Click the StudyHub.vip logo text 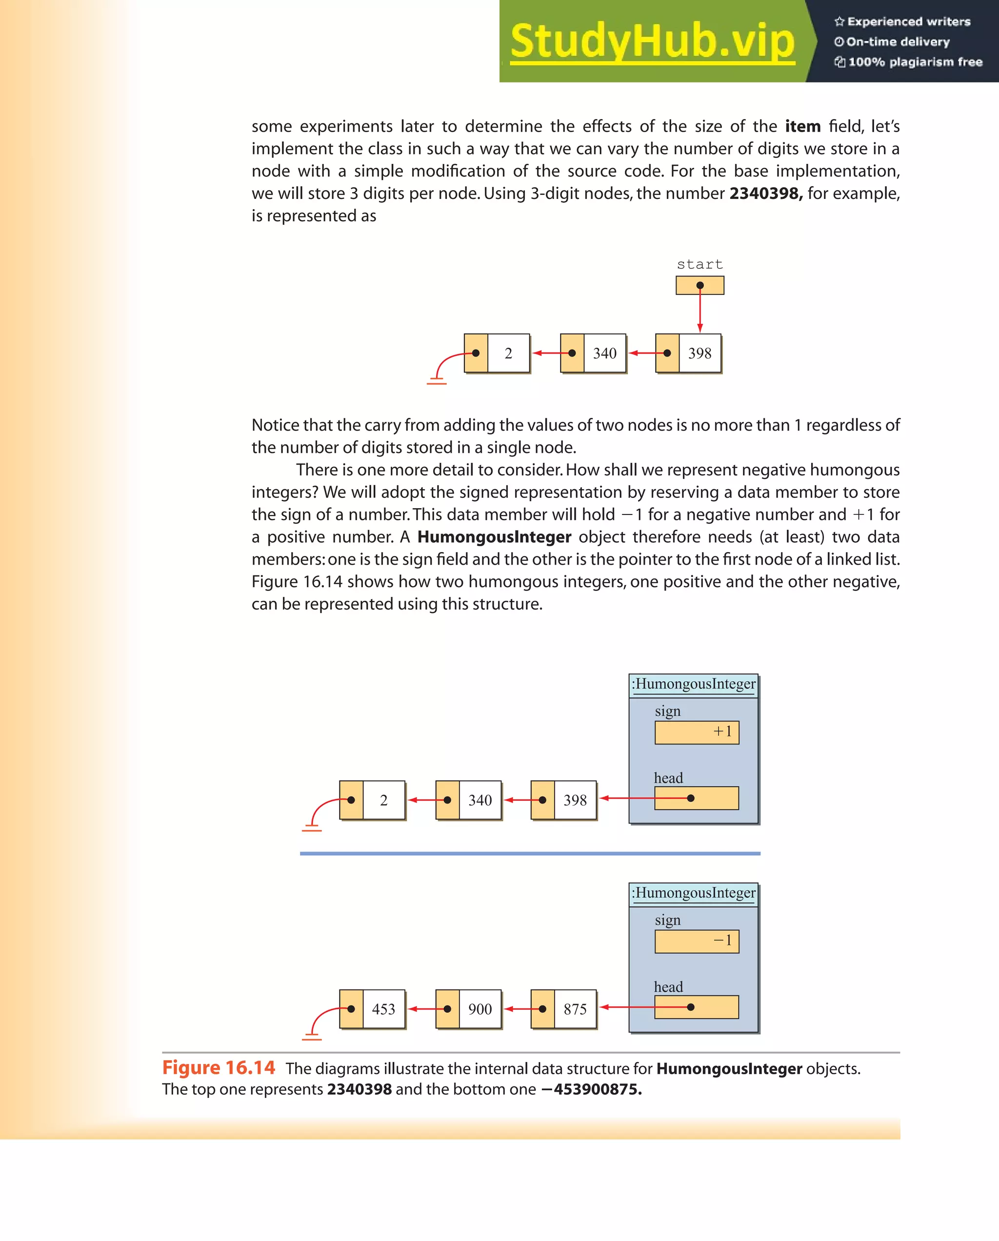click(x=652, y=41)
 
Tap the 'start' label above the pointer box click(x=699, y=264)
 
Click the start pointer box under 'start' click(x=699, y=285)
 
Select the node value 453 click(x=383, y=1009)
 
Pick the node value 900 click(x=480, y=1009)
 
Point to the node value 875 click(x=575, y=1009)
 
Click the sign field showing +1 click(x=697, y=732)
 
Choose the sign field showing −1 click(x=697, y=941)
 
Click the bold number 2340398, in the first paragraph click(x=765, y=194)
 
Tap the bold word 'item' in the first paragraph click(x=802, y=126)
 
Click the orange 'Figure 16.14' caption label click(x=219, y=1068)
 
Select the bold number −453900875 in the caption click(x=591, y=1090)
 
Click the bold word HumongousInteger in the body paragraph click(x=494, y=537)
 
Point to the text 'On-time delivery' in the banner click(x=898, y=42)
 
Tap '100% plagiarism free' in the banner click(x=915, y=62)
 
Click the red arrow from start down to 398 click(x=700, y=311)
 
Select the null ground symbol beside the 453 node click(x=312, y=1036)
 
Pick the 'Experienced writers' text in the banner click(x=909, y=22)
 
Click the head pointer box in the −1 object click(x=696, y=1007)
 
